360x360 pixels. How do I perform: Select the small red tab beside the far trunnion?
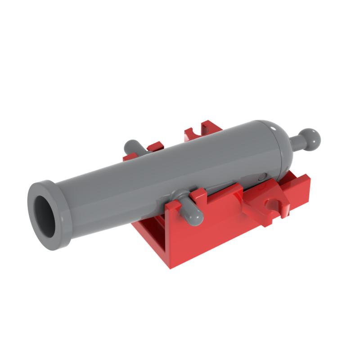pyautogui.click(x=155, y=147)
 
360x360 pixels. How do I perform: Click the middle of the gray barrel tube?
pyautogui.click(x=171, y=171)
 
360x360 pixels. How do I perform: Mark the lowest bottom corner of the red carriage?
pyautogui.click(x=171, y=267)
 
